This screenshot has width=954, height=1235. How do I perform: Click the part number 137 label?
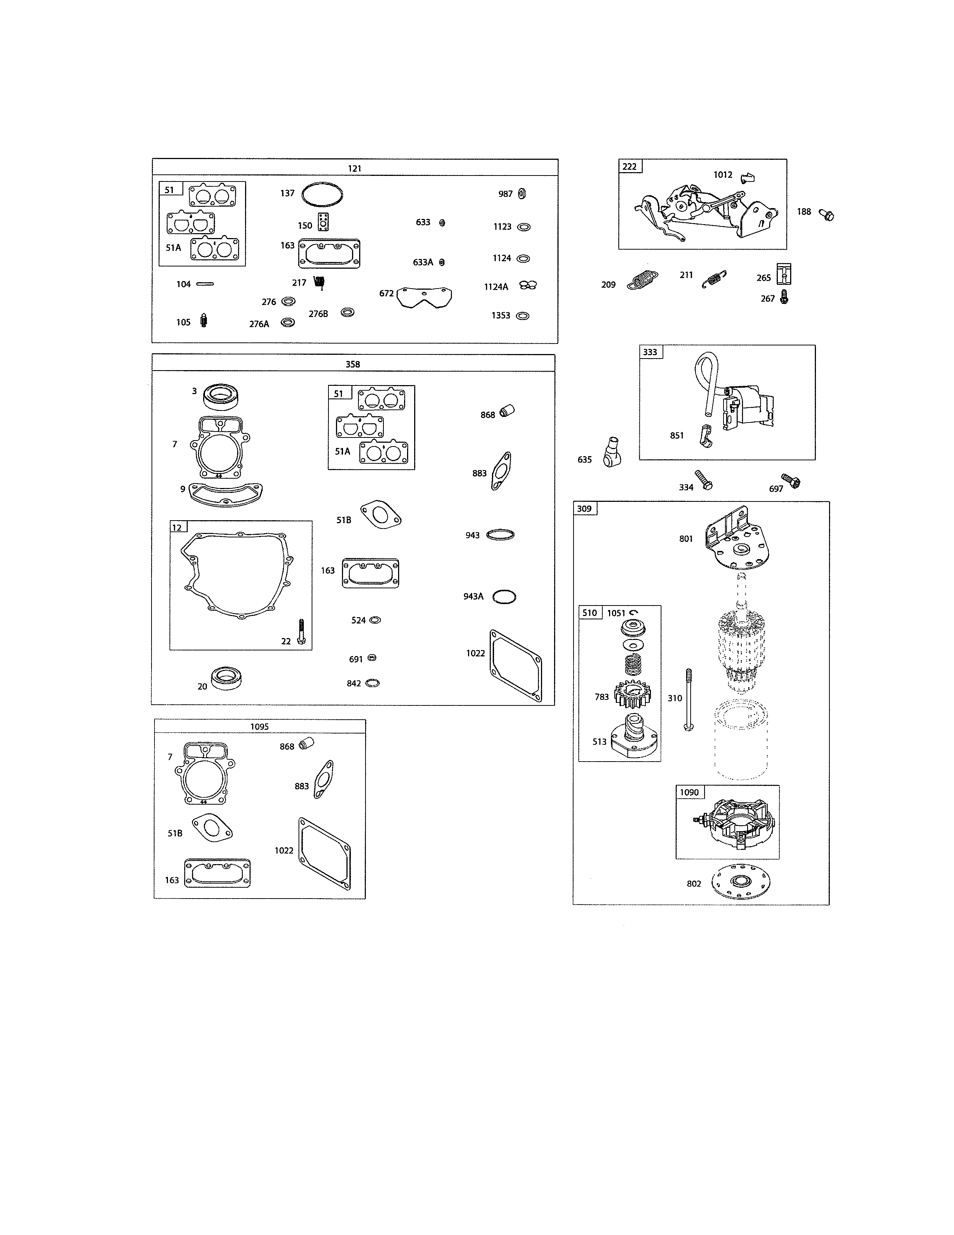[x=287, y=193]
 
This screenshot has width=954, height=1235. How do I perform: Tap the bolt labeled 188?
[x=827, y=215]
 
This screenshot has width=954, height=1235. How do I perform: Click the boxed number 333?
[x=650, y=352]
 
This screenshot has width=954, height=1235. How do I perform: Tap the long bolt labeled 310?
[x=688, y=700]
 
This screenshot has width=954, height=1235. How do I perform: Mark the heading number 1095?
[x=259, y=727]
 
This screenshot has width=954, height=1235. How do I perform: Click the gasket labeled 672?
[x=425, y=296]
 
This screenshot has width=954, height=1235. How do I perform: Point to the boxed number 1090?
[x=689, y=792]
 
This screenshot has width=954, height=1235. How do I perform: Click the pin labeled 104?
[x=205, y=284]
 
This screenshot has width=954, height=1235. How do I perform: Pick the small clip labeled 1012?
[x=747, y=177]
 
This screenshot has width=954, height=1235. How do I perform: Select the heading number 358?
[x=353, y=364]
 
